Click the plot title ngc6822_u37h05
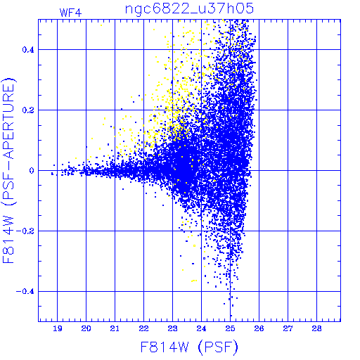point(189,9)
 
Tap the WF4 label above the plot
point(71,13)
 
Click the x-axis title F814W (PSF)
point(189,347)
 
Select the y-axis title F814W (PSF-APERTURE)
point(9,170)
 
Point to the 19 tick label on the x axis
point(58,328)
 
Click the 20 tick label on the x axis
point(86,328)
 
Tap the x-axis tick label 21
point(115,328)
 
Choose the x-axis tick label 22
point(143,328)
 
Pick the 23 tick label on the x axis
point(172,328)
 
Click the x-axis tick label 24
point(201,328)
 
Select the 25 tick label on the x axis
point(230,328)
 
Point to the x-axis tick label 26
point(259,328)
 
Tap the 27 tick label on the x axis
point(288,328)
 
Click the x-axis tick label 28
point(316,328)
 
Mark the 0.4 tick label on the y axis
point(28,50)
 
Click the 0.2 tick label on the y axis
point(28,110)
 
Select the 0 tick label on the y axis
point(32,171)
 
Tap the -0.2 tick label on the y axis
point(25,231)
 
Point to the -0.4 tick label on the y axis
point(25,292)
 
